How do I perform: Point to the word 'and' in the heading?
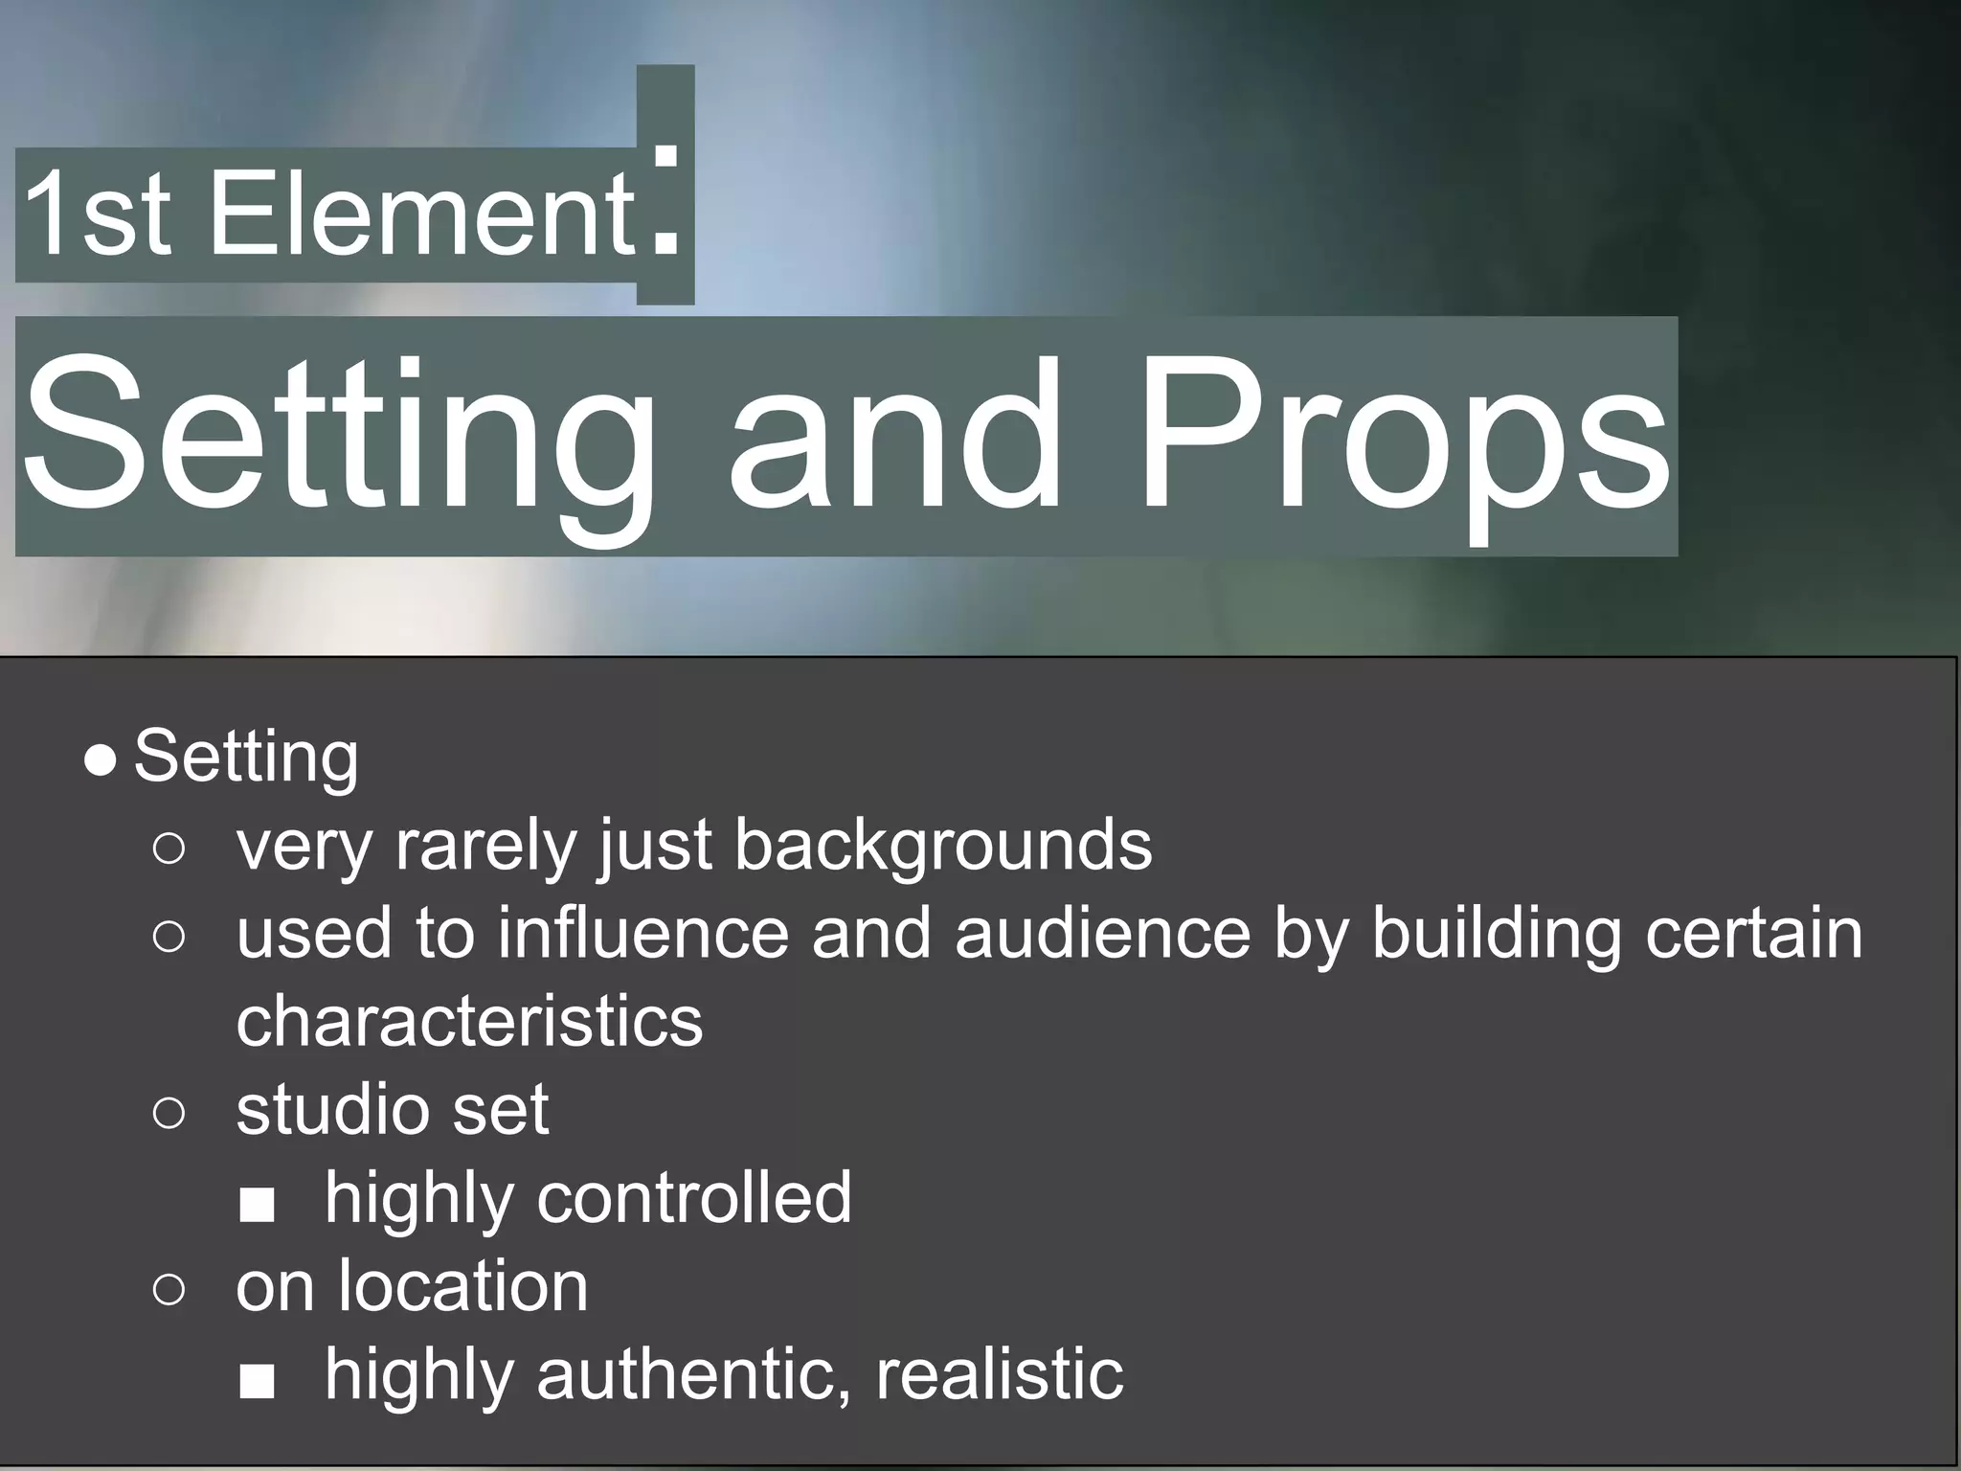click(x=895, y=436)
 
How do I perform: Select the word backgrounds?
click(x=942, y=846)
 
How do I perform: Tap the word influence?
click(x=642, y=933)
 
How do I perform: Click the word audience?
click(x=1102, y=933)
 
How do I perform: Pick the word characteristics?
click(x=469, y=1021)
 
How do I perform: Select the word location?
click(x=463, y=1285)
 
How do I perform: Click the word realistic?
click(x=1000, y=1373)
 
